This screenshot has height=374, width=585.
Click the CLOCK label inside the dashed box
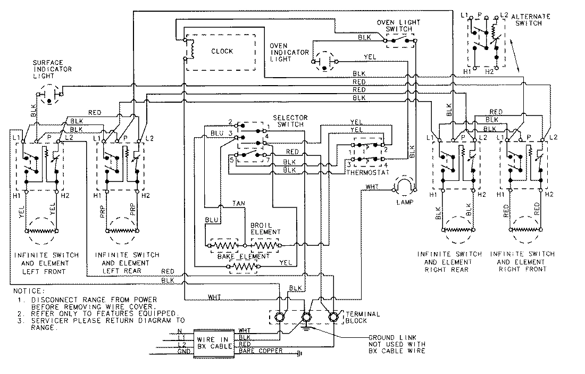click(222, 51)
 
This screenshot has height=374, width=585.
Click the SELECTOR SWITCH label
click(288, 120)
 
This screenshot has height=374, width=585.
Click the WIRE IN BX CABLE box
click(214, 342)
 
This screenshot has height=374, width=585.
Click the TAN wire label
click(238, 203)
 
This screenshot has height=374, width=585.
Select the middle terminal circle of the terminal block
click(306, 318)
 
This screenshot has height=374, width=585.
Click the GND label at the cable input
click(183, 352)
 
